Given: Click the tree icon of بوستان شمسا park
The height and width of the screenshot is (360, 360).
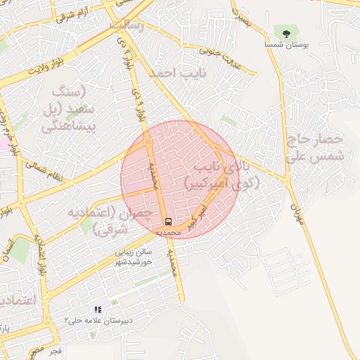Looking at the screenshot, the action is point(286,32).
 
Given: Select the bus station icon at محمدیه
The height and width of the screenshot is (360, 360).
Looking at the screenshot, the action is point(167,221).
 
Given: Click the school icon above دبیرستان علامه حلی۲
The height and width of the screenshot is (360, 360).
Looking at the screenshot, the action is point(98,309).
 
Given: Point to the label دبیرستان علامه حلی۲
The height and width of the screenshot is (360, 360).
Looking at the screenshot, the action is point(98,320).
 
